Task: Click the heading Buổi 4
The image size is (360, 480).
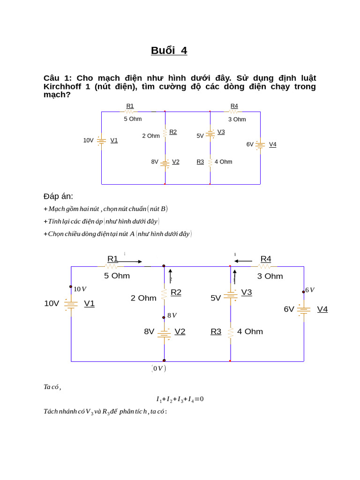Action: tap(169, 51)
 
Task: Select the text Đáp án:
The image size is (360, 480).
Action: tap(58, 196)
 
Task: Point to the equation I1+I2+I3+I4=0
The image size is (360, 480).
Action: tap(180, 399)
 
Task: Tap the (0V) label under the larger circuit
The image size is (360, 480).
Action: tap(158, 368)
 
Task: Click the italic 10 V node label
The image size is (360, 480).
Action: tap(80, 289)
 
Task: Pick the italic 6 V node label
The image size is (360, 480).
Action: tap(310, 290)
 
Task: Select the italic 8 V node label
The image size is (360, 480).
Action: tap(172, 315)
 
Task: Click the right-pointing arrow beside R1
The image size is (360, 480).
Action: tap(130, 262)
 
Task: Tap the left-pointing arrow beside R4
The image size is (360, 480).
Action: tap(243, 261)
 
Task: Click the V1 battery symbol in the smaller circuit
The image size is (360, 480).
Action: tap(101, 140)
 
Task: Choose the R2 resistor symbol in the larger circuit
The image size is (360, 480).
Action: tap(164, 293)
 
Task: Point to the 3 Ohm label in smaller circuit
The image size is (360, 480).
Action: tap(237, 120)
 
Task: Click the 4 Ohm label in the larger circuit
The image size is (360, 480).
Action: tap(250, 332)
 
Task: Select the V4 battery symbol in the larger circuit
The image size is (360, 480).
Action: tap(304, 309)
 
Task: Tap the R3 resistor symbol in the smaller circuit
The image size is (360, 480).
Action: tap(210, 162)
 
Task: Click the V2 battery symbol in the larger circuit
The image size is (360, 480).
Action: tap(164, 333)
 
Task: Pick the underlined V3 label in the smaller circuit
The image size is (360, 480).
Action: tap(221, 132)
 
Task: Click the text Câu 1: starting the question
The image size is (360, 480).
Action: tap(58, 78)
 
